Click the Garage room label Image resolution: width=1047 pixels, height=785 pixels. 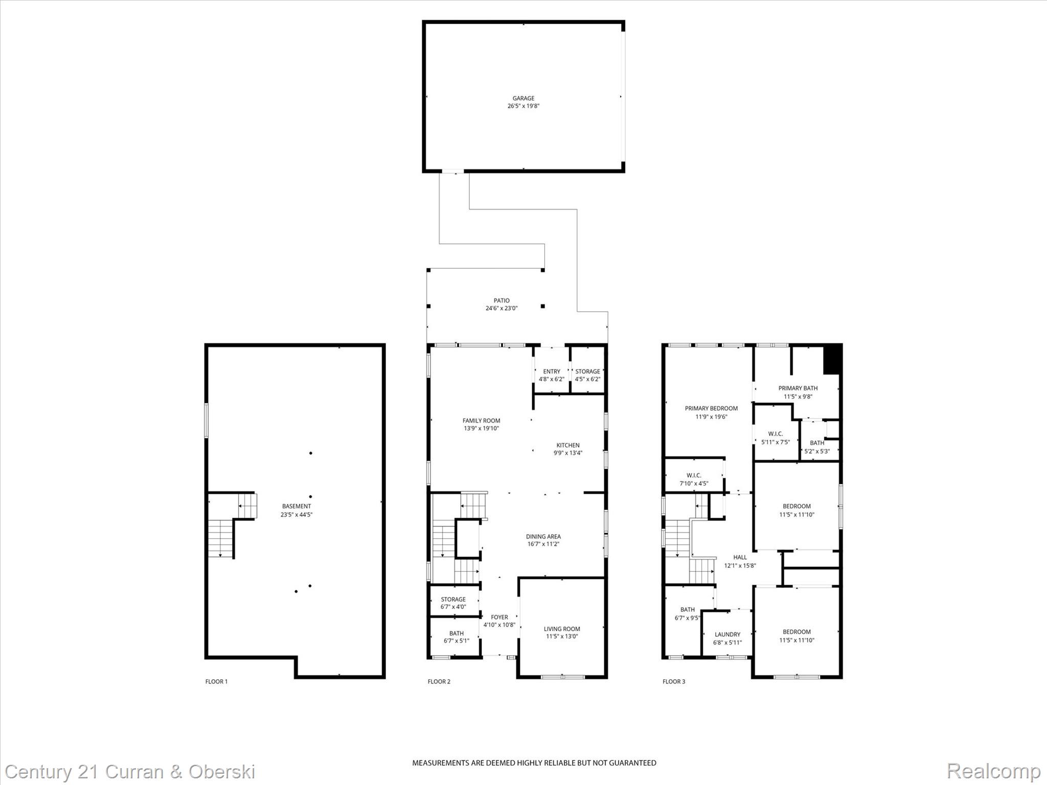pos(523,98)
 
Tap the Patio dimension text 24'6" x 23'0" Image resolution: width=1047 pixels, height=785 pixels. pos(502,308)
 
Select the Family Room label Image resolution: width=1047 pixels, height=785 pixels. pos(481,421)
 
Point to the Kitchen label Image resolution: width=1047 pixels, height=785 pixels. pos(568,445)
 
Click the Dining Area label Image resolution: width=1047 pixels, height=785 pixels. pos(543,537)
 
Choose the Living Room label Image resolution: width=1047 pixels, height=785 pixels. pos(561,629)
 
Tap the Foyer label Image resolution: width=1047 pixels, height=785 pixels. pos(499,617)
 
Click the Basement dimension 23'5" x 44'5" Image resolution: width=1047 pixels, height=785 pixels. pos(296,515)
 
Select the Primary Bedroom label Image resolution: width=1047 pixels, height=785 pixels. pos(711,408)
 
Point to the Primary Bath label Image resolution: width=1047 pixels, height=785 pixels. pos(798,388)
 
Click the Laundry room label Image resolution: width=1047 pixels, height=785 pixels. pos(727,634)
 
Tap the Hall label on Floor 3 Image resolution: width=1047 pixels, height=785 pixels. pos(740,558)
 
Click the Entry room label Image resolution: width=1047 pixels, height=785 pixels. pos(552,372)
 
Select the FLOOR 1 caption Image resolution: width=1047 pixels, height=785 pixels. pos(216,681)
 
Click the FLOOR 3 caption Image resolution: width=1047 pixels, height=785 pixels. pos(674,681)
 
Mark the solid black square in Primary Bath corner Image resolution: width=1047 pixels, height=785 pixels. pos(832,360)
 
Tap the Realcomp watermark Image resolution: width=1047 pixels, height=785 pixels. pos(993,771)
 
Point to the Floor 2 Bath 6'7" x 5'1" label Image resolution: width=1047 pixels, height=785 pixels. pos(456,633)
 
